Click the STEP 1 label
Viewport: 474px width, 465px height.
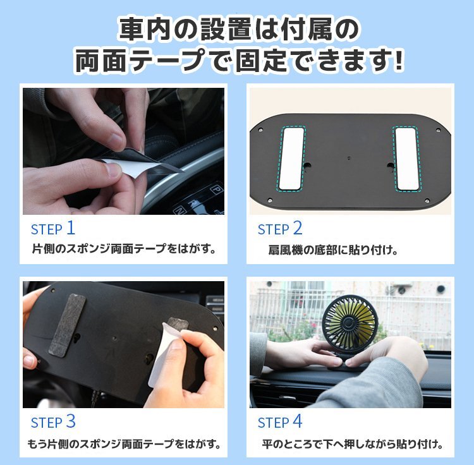click(x=53, y=229)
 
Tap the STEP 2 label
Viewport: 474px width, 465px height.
click(x=280, y=229)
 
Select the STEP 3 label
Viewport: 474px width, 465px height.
click(x=53, y=422)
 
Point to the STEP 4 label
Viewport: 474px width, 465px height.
click(x=280, y=422)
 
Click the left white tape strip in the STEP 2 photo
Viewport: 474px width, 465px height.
click(x=291, y=159)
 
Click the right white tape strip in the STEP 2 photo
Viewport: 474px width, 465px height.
click(x=406, y=159)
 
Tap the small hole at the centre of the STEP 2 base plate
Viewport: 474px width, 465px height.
click(x=349, y=158)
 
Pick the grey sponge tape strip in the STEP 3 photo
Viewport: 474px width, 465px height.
click(x=67, y=325)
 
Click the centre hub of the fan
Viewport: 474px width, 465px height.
click(x=348, y=323)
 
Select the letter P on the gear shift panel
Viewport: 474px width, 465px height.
click(x=216, y=190)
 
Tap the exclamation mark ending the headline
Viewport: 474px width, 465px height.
click(x=398, y=61)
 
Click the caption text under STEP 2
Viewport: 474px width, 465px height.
click(x=333, y=250)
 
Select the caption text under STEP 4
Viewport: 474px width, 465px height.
click(x=353, y=444)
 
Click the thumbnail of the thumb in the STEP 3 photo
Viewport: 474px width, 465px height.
click(x=171, y=347)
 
